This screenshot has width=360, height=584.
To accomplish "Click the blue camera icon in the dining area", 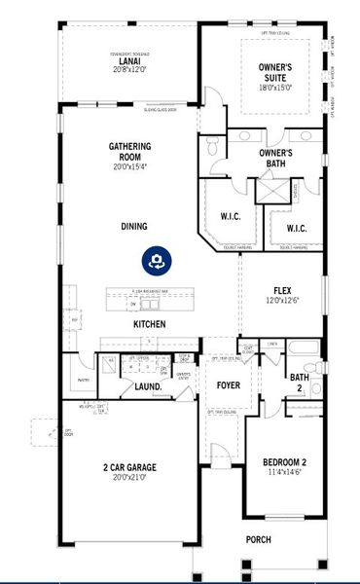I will coord(155,260).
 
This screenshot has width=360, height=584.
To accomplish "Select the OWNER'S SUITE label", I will coord(275,72).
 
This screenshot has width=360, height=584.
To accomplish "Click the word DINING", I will coord(134,227).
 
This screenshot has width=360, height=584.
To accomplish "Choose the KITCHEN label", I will coord(149,324).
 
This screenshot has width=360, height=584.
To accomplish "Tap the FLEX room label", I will coord(282,290).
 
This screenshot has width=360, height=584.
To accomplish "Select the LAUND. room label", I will coord(147,386).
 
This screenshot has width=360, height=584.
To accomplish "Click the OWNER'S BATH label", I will coord(276,159).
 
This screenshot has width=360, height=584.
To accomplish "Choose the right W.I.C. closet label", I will coord(297,228).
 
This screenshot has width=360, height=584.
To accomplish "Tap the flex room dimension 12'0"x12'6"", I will coord(282,300).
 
